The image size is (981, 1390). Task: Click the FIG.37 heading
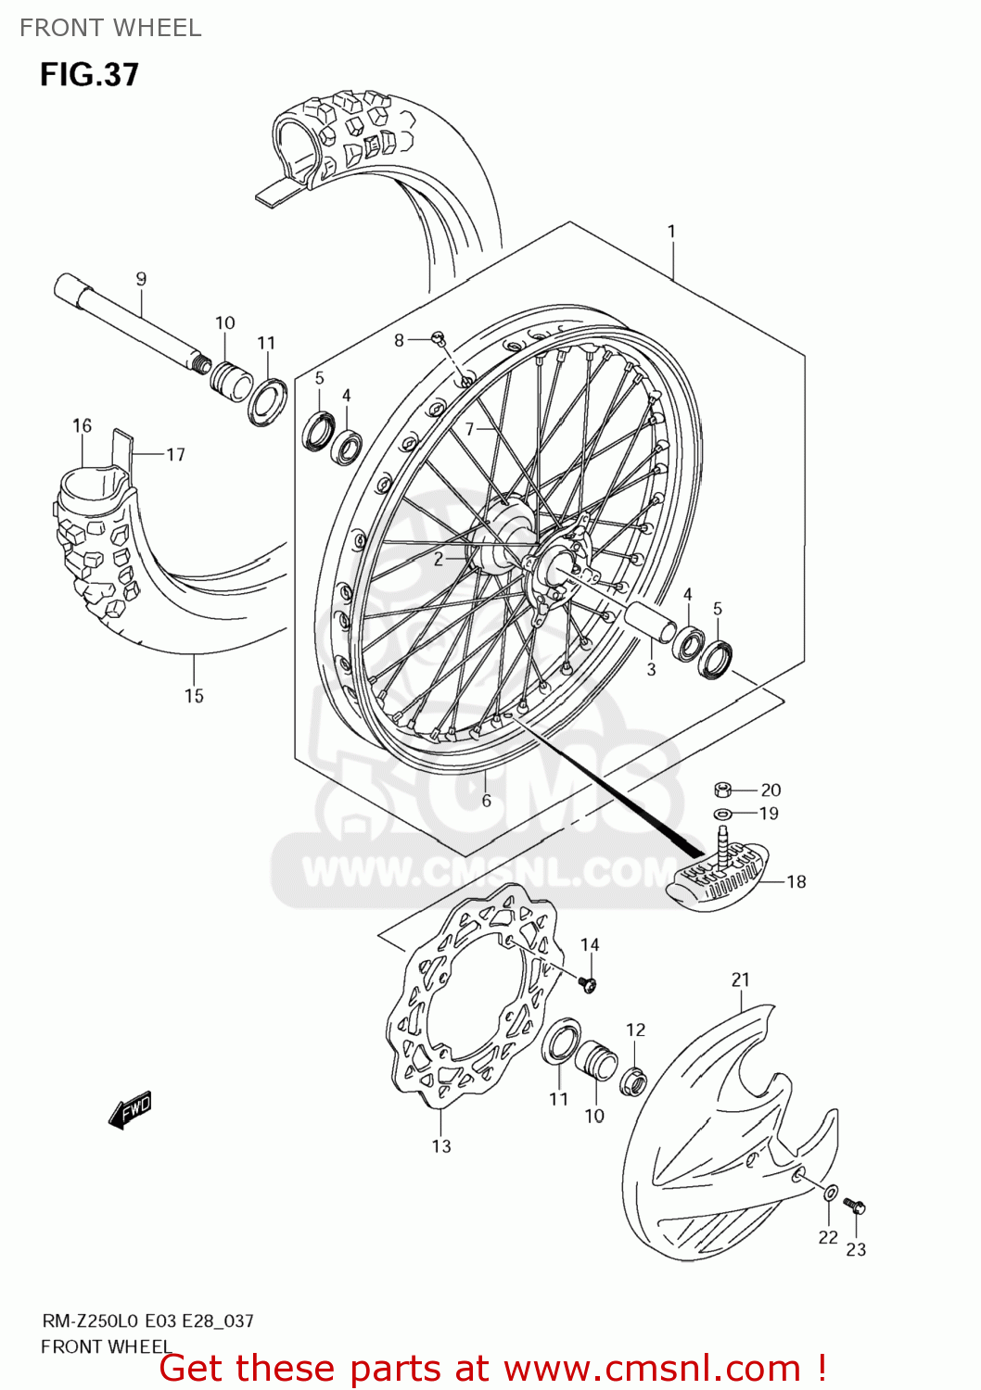89,74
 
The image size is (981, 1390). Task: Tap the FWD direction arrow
130,1109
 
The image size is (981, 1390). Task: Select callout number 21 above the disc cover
740,979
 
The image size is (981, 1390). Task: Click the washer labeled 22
830,1194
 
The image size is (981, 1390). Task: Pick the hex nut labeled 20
724,790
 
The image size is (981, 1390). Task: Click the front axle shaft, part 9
130,320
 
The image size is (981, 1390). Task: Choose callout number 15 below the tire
194,696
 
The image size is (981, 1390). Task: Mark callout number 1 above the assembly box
672,232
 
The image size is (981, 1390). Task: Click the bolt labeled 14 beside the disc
586,982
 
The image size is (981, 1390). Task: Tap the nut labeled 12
634,1080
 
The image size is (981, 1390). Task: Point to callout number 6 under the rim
486,801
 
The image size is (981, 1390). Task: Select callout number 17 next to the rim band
175,454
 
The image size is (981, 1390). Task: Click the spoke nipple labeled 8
440,339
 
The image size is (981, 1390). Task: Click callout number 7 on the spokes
469,428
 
